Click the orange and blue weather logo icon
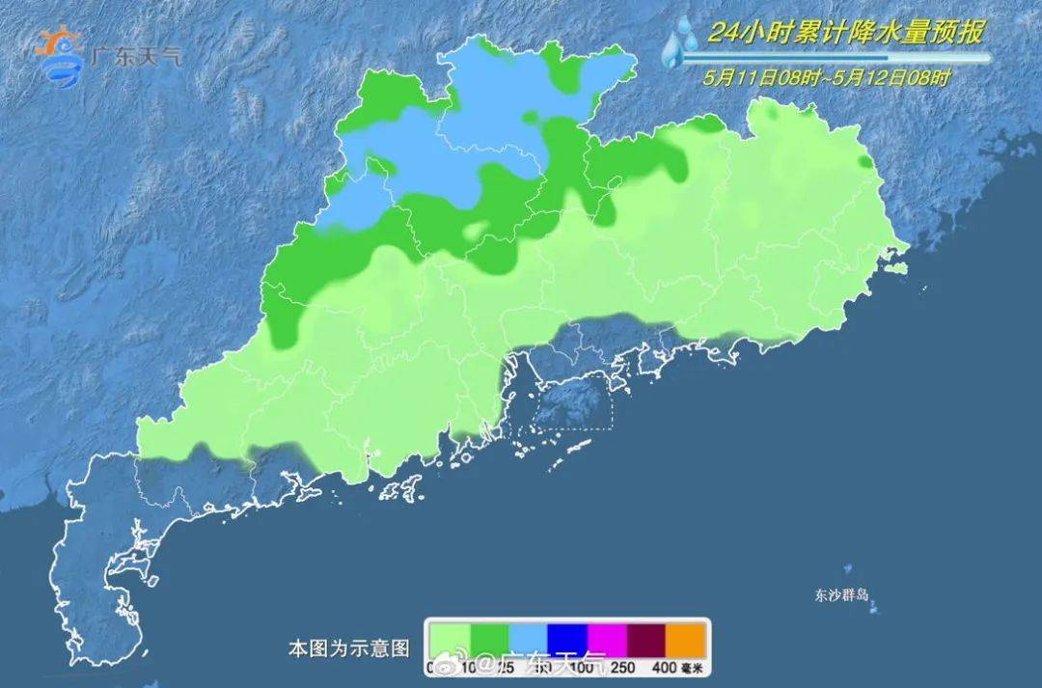59,55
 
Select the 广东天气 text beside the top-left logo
135,56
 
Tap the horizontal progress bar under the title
835,59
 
